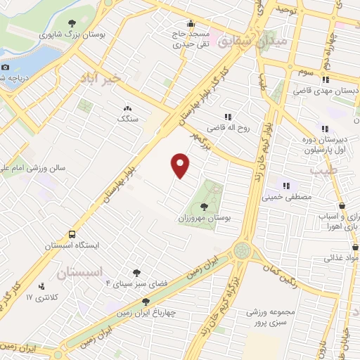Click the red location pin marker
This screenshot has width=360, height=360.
point(181,165)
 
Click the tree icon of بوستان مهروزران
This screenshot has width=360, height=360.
point(204,206)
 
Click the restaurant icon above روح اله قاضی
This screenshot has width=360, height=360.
point(227,117)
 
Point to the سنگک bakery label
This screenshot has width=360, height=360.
point(128,120)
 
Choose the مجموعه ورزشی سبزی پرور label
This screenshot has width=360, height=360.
point(268,316)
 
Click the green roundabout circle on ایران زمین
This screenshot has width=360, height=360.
point(243,250)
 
